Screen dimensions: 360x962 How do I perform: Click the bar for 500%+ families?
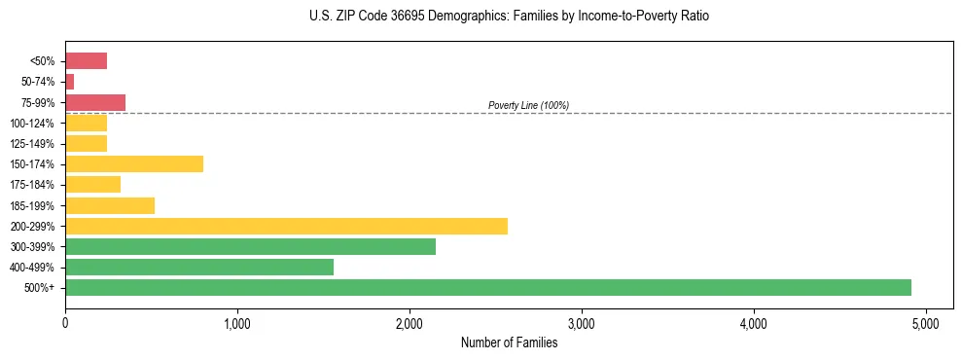(487, 287)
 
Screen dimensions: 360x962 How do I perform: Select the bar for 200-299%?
(286, 227)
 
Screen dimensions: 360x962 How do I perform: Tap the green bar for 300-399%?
(250, 247)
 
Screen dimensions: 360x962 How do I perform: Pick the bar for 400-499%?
(199, 268)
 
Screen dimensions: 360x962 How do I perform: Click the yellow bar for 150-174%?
(134, 164)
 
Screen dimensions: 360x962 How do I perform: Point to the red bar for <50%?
(86, 61)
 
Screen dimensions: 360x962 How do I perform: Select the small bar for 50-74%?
(69, 82)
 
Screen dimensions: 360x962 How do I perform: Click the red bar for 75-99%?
(95, 102)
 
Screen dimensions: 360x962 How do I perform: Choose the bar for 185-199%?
(110, 205)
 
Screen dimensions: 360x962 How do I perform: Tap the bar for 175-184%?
(92, 185)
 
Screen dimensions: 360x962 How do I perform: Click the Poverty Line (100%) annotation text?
(528, 105)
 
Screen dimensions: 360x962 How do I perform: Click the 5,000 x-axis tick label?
(925, 323)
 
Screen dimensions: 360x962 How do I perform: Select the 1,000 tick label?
(236, 323)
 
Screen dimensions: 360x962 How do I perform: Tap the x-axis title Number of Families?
(509, 342)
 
